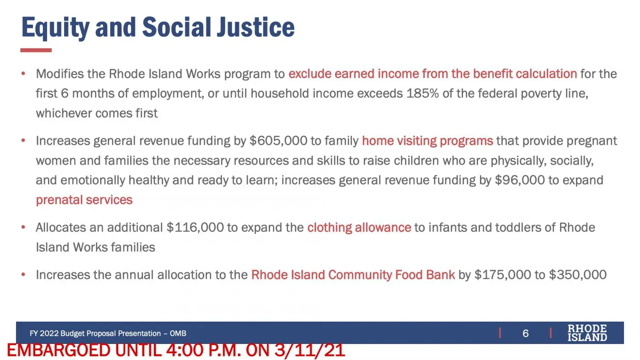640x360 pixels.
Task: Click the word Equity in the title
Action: [x=55, y=28]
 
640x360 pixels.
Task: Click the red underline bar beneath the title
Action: [x=36, y=50]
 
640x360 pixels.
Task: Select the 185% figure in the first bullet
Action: [x=422, y=93]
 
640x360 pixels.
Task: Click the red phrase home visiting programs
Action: [x=427, y=141]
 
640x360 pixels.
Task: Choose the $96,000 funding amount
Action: [x=520, y=180]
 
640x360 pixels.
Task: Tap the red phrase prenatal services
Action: [x=84, y=200]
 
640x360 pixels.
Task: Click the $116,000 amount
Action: [x=195, y=228]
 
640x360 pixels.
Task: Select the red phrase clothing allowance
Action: [x=359, y=228]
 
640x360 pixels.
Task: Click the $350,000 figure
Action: [x=578, y=275]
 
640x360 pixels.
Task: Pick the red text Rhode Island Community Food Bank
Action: [x=353, y=275]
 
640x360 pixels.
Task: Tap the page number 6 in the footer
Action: [x=525, y=333]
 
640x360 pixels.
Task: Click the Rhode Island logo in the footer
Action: [x=587, y=333]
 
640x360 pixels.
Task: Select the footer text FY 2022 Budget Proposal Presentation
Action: [x=95, y=334]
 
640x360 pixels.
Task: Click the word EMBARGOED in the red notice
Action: [x=59, y=350]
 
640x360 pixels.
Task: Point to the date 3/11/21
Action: [x=310, y=350]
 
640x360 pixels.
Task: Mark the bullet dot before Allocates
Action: [x=23, y=227]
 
